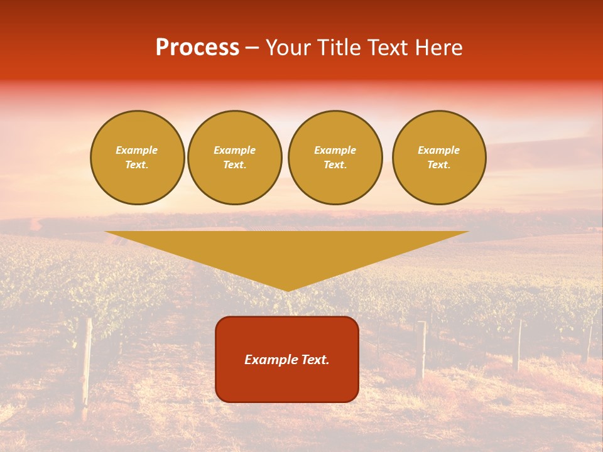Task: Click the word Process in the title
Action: tap(197, 48)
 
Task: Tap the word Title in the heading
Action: tap(339, 48)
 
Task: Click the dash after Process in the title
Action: tap(252, 48)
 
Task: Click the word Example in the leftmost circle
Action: tap(137, 150)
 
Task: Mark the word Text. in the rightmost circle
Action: tap(439, 165)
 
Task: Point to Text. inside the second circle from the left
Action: tap(235, 165)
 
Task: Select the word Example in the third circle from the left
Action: tap(335, 150)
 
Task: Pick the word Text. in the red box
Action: tap(313, 360)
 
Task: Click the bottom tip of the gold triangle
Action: tap(287, 290)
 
